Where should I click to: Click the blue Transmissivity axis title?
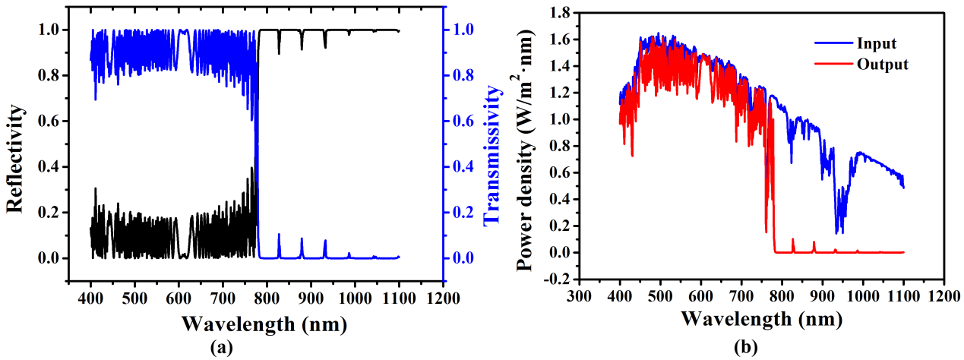(492, 155)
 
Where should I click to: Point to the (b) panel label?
(744, 349)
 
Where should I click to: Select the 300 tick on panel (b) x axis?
(579, 294)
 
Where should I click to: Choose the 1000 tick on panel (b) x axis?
(863, 294)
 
